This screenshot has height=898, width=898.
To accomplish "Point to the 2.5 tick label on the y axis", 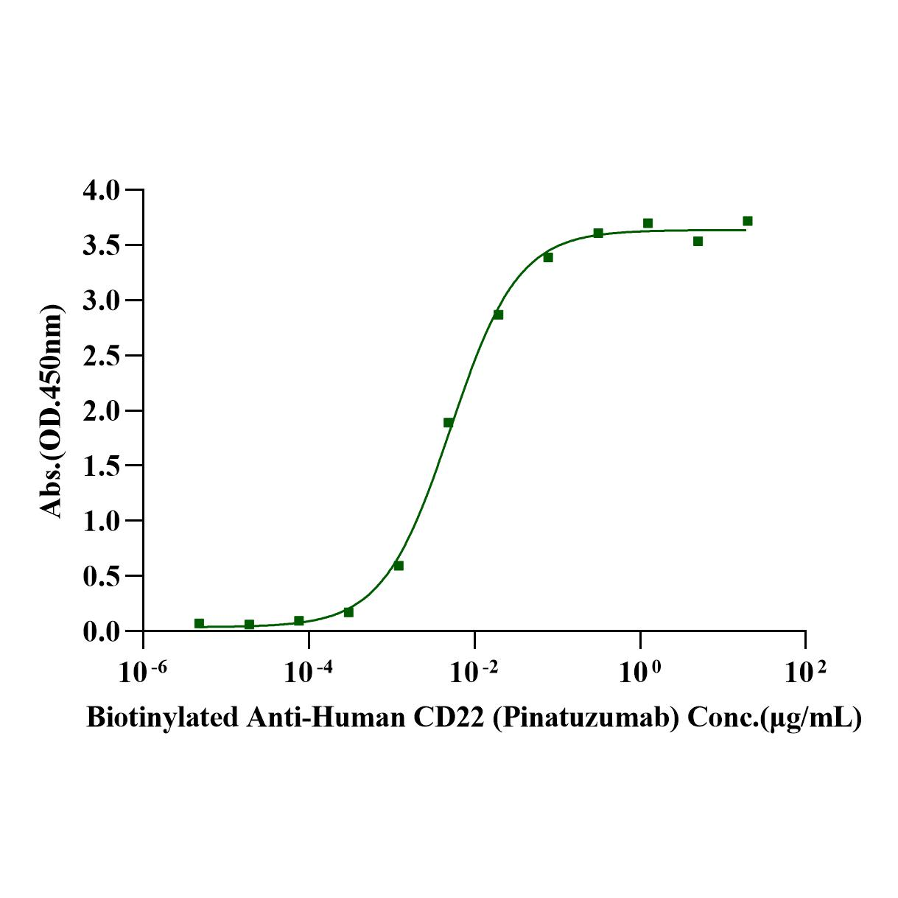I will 101,356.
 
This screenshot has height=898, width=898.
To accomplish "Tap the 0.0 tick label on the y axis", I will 101,632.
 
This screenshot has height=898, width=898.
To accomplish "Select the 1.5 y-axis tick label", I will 101,466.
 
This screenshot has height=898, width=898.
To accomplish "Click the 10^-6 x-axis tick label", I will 143,672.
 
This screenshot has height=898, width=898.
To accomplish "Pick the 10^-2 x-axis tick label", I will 474,672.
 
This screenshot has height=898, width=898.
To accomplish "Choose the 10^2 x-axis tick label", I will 805,672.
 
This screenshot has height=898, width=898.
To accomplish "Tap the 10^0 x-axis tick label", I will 640,672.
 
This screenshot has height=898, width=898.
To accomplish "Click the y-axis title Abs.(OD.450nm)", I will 52,411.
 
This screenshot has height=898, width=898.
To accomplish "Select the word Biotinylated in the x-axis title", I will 161,717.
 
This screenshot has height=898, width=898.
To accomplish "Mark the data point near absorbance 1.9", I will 448,422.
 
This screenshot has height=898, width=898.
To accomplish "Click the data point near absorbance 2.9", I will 498,315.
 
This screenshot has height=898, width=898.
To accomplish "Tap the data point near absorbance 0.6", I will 399,566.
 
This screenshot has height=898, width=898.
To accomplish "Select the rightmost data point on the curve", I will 748,221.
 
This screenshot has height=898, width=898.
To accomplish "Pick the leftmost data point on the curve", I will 199,623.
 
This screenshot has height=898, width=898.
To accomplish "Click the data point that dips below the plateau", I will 698,241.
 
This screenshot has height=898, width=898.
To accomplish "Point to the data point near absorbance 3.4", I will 548,257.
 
